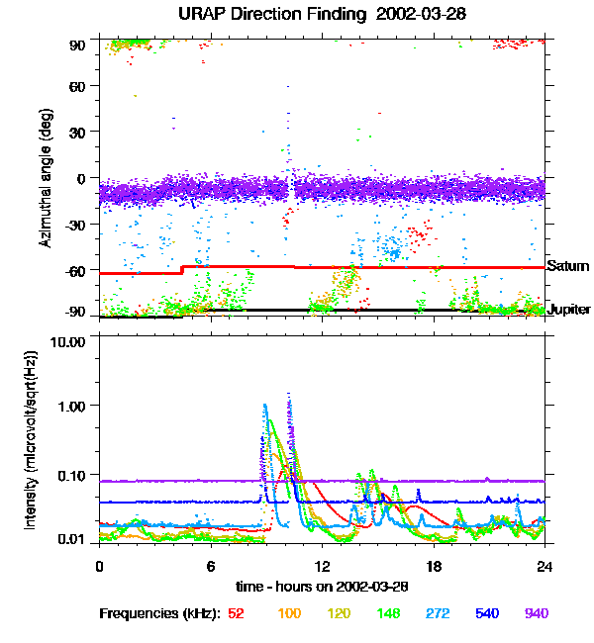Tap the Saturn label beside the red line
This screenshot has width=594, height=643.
pos(568,266)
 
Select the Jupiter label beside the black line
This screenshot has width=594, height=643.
pos(569,310)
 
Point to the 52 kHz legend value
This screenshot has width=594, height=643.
pos(237,613)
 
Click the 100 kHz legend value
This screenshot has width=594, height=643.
pos(289,613)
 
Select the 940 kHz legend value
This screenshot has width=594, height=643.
pos(535,613)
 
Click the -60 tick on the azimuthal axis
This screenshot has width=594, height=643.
pos(75,271)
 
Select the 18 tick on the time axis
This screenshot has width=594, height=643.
pos(433,565)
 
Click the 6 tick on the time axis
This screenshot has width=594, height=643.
pos(210,565)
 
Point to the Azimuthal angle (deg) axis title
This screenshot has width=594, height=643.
pos(47,177)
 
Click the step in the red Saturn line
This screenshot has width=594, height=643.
pos(182,269)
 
